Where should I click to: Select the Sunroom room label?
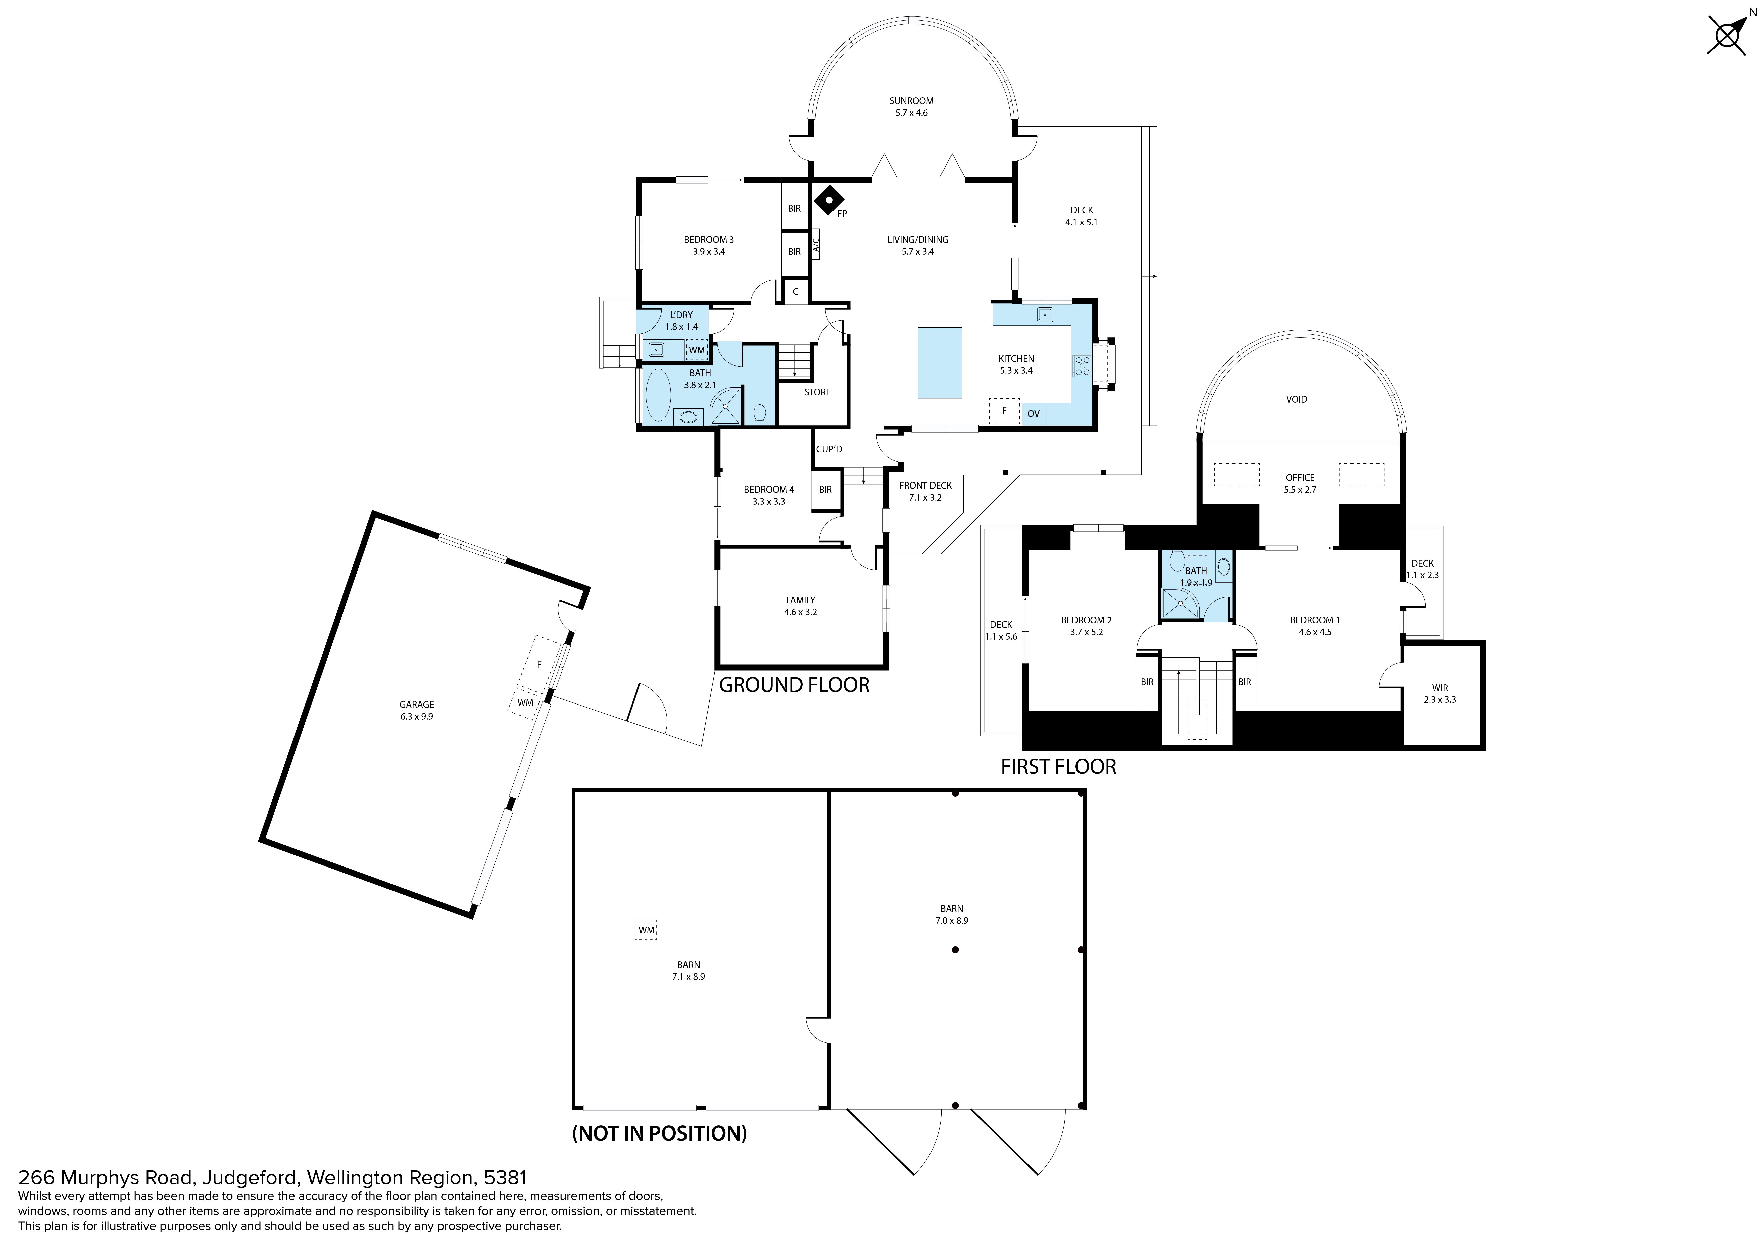click(911, 100)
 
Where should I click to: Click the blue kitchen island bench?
click(940, 362)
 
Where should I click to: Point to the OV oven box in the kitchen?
click(1034, 414)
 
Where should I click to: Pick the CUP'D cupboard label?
click(829, 449)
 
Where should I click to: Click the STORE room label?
click(818, 392)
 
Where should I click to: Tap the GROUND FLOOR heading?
click(794, 685)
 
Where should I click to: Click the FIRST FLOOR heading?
click(1058, 766)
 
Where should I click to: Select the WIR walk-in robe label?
click(1440, 688)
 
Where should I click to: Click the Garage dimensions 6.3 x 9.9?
click(417, 716)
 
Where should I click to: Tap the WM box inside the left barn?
click(647, 930)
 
